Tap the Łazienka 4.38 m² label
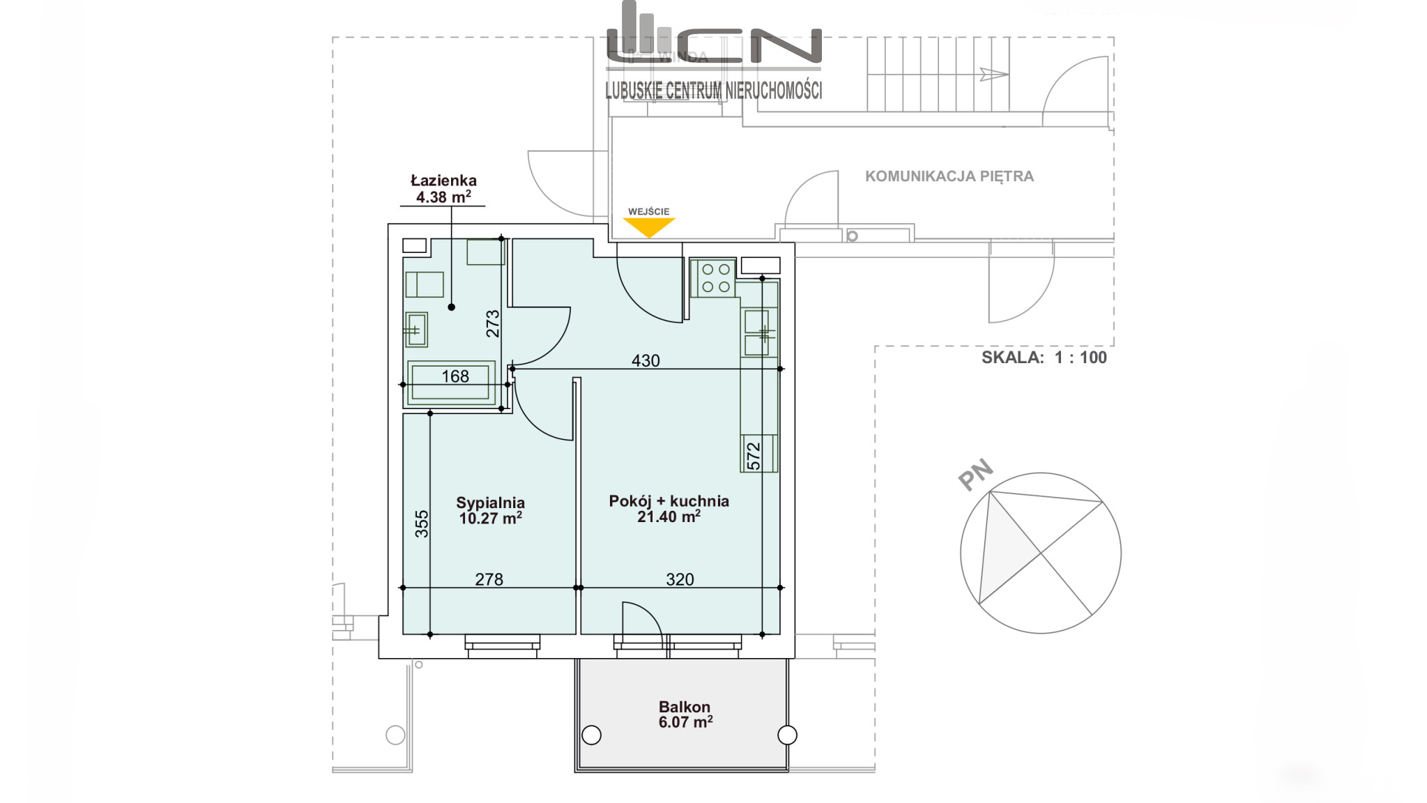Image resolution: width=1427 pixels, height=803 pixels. [x=443, y=189]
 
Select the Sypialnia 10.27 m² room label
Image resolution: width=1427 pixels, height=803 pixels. [x=491, y=510]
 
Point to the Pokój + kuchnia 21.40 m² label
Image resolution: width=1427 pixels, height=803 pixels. [x=669, y=509]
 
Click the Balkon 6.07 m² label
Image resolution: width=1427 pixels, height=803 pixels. [x=685, y=714]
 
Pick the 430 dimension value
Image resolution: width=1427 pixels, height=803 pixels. [x=646, y=360]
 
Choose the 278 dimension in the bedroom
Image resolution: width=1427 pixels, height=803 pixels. [x=489, y=579]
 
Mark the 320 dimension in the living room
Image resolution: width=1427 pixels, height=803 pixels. [x=680, y=579]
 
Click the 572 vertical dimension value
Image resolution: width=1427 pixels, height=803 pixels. [x=754, y=456]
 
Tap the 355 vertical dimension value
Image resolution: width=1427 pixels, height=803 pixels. [x=422, y=524]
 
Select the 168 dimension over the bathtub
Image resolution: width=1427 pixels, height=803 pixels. [x=455, y=376]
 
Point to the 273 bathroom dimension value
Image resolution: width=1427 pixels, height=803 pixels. [x=493, y=324]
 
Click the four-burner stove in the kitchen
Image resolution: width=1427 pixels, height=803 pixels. [x=712, y=278]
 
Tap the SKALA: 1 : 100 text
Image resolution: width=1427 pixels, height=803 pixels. [x=1044, y=358]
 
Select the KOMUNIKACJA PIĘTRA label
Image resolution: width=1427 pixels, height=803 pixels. [x=949, y=176]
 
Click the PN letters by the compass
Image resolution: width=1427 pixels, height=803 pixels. [x=975, y=475]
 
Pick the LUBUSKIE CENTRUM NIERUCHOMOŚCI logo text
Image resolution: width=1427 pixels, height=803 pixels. [x=714, y=90]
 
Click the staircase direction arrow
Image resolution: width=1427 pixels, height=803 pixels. [x=993, y=74]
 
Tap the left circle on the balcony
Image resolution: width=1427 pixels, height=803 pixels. [x=591, y=735]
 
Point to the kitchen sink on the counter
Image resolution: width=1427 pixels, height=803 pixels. [x=757, y=333]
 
